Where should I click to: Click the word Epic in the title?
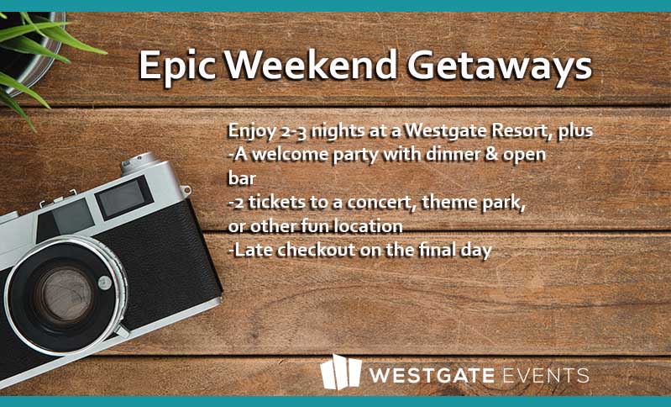click(177, 66)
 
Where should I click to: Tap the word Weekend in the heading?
click(311, 65)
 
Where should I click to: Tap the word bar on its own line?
click(242, 177)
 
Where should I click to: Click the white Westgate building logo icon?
click(341, 372)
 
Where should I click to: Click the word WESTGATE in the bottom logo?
click(432, 375)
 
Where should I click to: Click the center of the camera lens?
click(64, 295)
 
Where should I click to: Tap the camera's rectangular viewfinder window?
click(123, 198)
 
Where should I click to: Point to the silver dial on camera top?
click(139, 163)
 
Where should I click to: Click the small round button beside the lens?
click(104, 283)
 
